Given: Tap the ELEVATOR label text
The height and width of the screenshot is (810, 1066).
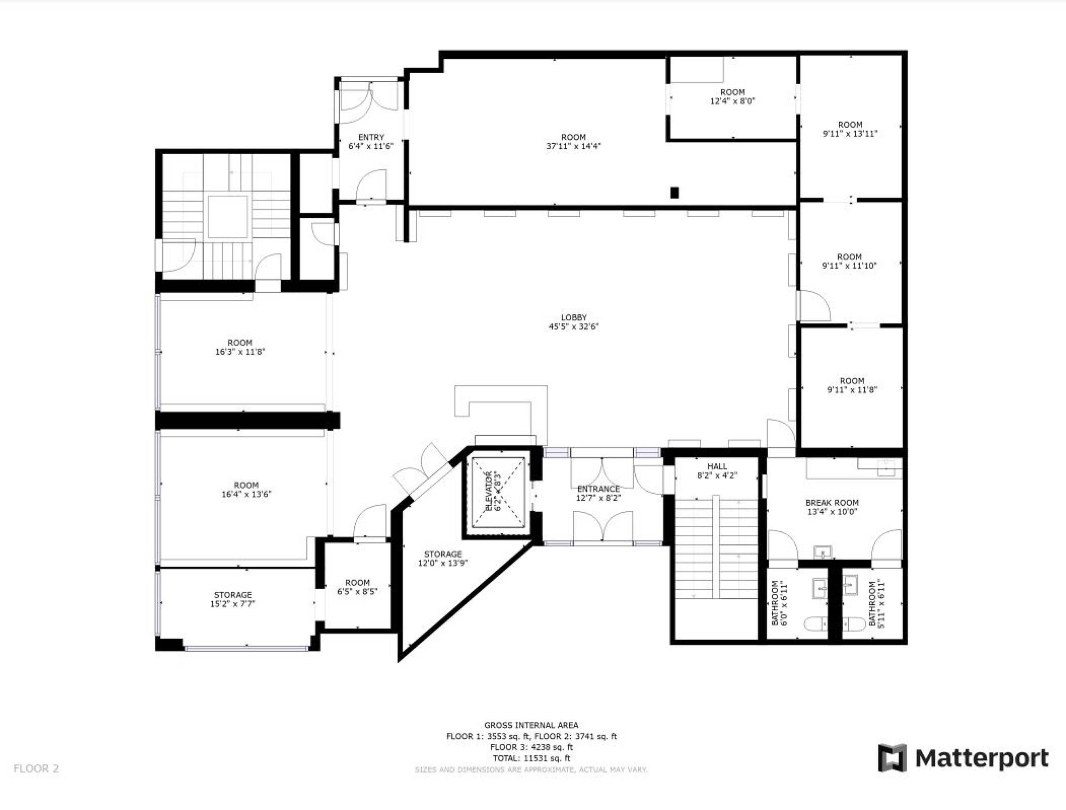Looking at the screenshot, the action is [x=488, y=491].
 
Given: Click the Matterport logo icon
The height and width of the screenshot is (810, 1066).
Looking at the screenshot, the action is [x=892, y=758].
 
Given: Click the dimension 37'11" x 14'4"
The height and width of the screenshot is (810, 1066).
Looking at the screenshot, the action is [x=574, y=146].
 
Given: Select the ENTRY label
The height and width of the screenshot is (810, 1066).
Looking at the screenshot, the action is [x=371, y=137].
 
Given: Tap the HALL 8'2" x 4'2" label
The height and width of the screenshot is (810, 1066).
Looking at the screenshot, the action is [x=717, y=471].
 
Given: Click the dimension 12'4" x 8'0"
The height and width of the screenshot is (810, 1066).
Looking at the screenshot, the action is [x=732, y=101].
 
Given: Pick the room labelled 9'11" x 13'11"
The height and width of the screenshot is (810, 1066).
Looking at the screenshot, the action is [x=850, y=129].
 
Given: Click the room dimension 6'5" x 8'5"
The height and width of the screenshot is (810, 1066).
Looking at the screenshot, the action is [x=357, y=592].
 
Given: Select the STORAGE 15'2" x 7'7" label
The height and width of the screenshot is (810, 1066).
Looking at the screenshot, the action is [x=233, y=599].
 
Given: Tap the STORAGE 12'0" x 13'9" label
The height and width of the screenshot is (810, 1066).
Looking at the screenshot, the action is [x=443, y=558].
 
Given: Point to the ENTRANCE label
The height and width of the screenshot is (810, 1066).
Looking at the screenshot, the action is [x=598, y=489].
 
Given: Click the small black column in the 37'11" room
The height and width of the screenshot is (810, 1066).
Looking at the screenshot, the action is [x=674, y=193].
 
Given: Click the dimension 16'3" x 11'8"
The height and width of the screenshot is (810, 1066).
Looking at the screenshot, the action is [x=240, y=352].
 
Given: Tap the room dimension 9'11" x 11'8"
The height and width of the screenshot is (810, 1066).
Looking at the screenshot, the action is [x=852, y=390].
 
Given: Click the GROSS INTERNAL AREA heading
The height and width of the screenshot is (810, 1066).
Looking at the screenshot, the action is [x=531, y=725].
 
